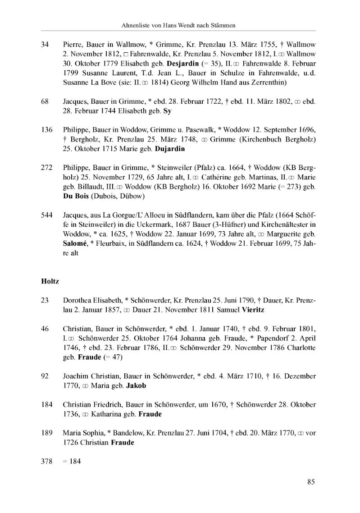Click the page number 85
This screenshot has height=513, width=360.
[x=310, y=482]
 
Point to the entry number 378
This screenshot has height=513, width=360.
[x=47, y=461]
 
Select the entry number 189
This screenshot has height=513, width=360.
[x=47, y=434]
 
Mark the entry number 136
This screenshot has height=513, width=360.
[x=47, y=130]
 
